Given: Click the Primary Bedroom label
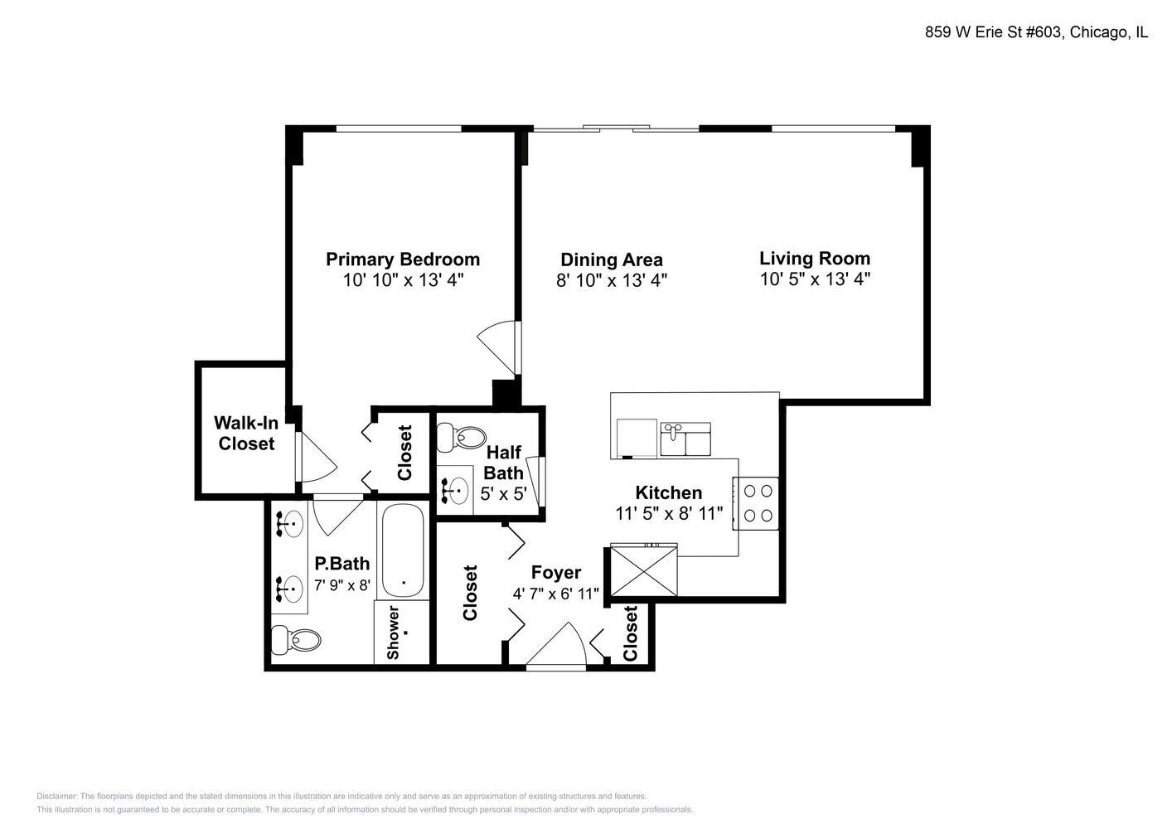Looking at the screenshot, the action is click(x=402, y=259).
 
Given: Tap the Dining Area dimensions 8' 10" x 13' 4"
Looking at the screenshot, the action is click(x=611, y=280).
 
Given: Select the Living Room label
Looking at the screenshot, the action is click(x=815, y=258).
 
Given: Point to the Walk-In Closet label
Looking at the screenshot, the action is click(x=246, y=433).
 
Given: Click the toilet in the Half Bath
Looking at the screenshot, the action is click(x=461, y=437).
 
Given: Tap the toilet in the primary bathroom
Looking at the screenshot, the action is click(x=296, y=639).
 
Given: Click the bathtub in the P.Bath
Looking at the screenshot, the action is click(x=402, y=550).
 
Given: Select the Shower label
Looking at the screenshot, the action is click(x=393, y=633).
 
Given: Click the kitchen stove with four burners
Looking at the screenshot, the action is click(x=756, y=503).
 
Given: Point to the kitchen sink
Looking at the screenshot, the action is click(x=685, y=439).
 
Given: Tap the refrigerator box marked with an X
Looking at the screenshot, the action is click(x=644, y=570).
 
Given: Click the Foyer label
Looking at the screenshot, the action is click(x=555, y=572).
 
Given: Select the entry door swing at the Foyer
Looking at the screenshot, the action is click(x=558, y=644).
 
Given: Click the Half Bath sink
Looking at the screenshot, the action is click(x=456, y=491).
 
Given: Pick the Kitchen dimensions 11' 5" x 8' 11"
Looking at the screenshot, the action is click(x=669, y=513).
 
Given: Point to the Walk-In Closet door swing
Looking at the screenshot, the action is click(x=317, y=458).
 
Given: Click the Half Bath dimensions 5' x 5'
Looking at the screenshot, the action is click(x=503, y=493).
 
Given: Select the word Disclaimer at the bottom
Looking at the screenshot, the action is click(x=56, y=796).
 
